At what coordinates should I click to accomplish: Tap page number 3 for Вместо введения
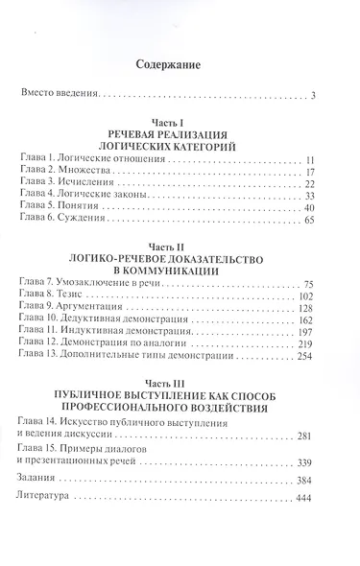click(325, 95)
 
